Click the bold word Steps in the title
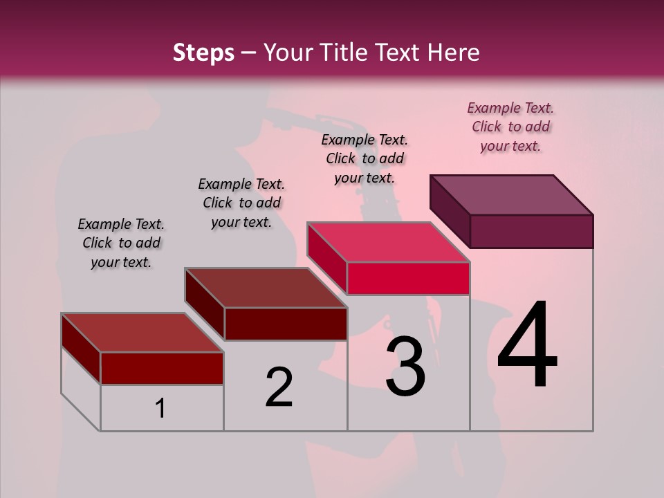[x=203, y=53]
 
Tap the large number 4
[x=528, y=346]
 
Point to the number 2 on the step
[x=279, y=387]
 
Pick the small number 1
[x=160, y=409]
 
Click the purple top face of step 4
[x=512, y=195]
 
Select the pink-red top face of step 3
[x=387, y=242]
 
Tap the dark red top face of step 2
[x=266, y=288]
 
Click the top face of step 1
[x=142, y=333]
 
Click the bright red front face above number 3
[x=408, y=278]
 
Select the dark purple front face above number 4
[x=531, y=231]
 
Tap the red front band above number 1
[x=162, y=368]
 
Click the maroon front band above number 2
[x=285, y=324]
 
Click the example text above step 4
[x=510, y=127]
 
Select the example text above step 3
[x=365, y=158]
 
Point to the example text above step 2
[x=241, y=203]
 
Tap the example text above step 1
[x=121, y=243]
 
